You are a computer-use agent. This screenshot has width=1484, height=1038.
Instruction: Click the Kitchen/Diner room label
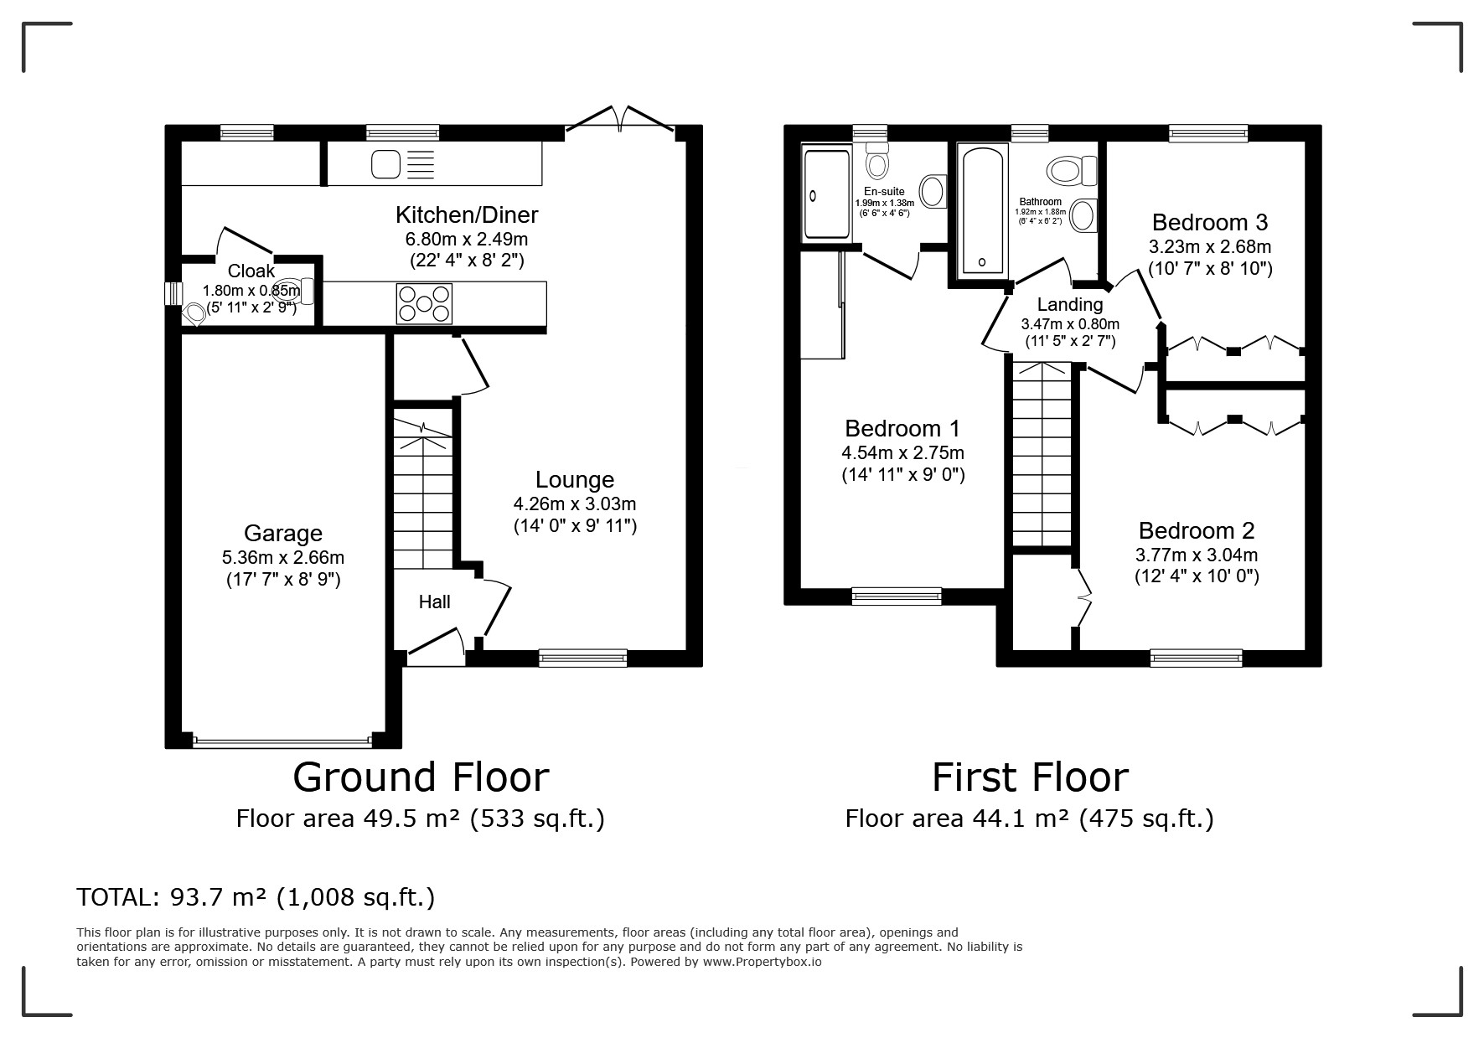(x=467, y=215)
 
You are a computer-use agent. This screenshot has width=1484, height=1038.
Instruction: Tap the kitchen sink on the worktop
(x=403, y=163)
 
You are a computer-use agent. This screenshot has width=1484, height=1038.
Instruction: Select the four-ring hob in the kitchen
(x=425, y=303)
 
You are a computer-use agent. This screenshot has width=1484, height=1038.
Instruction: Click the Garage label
(x=283, y=534)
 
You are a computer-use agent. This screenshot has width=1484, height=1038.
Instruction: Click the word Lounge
(x=575, y=480)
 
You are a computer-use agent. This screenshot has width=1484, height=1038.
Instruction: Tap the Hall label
(x=435, y=602)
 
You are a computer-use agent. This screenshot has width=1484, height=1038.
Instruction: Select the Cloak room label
(x=251, y=271)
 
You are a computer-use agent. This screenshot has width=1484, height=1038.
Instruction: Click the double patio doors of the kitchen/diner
(x=620, y=119)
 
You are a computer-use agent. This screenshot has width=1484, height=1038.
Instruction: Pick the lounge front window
(x=583, y=658)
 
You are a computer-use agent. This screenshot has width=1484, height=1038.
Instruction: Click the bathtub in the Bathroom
(x=982, y=209)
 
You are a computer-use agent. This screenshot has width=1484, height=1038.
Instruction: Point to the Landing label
(x=1070, y=305)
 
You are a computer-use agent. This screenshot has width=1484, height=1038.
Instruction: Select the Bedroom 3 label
(x=1209, y=223)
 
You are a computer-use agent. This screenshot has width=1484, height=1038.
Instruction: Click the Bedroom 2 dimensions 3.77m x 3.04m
(x=1197, y=555)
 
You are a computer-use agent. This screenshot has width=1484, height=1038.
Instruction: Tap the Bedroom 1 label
(x=902, y=429)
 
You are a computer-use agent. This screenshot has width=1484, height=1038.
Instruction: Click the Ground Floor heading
(x=421, y=777)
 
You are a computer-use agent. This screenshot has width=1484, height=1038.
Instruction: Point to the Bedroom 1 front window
(x=897, y=596)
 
